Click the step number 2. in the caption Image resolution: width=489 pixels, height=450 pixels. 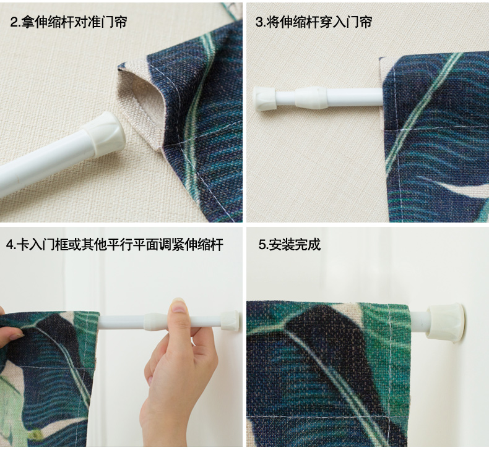click(x=15, y=22)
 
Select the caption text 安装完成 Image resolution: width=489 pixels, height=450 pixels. click(x=294, y=245)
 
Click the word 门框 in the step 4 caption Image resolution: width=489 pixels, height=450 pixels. click(x=55, y=245)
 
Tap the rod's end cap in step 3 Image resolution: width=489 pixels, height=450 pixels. click(x=264, y=99)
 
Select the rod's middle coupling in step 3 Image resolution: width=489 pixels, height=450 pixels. click(x=311, y=98)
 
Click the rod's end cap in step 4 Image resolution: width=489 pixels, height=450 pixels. click(x=230, y=320)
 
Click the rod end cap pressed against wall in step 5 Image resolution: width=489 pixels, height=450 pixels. click(x=446, y=323)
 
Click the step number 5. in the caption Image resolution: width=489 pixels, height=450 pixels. click(x=263, y=245)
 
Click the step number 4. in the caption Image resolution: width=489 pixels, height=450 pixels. click(x=11, y=245)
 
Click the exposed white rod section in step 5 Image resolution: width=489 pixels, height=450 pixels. click(x=419, y=321)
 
